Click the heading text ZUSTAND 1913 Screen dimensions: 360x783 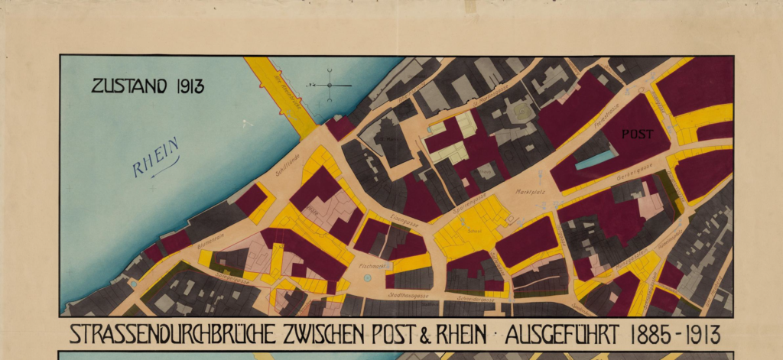pos(148,86)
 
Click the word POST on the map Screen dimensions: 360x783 pos(637,134)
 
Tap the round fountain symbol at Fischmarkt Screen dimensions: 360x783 pos(369,279)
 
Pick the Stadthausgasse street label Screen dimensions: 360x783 pos(407,294)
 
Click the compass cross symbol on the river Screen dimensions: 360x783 pos(330,85)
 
